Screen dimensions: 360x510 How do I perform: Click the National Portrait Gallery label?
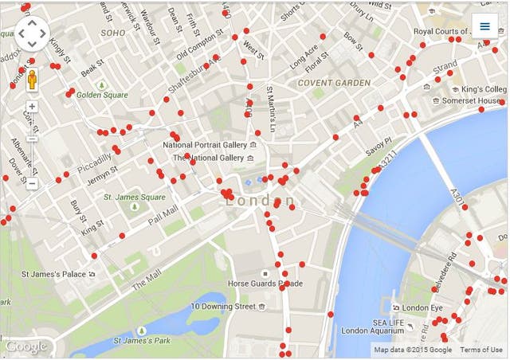point(205,145)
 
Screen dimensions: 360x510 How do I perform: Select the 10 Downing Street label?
point(222,307)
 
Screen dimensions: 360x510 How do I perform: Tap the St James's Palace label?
point(53,274)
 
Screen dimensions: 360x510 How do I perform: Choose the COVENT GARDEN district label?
point(334,83)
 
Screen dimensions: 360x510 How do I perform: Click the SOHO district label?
point(113,33)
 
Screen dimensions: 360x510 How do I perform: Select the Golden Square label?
point(102,95)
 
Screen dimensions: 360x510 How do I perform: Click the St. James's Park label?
point(142,341)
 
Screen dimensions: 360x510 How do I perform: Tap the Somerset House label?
point(471,101)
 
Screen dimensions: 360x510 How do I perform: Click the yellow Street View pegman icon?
point(33,80)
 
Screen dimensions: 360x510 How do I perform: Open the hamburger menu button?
point(484,26)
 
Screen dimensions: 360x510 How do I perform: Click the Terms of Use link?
point(481,350)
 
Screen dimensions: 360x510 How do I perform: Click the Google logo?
point(25,347)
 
